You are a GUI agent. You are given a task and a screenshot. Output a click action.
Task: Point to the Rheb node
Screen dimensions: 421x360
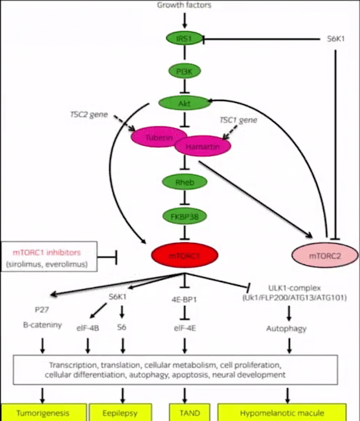[185, 182]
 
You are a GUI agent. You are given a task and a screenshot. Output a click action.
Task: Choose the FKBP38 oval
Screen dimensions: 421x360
[185, 217]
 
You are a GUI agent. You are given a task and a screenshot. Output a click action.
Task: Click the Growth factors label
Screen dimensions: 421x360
[184, 5]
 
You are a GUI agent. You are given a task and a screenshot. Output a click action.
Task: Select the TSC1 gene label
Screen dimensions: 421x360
[238, 120]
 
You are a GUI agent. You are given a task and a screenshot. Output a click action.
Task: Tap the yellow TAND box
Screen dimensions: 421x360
[185, 413]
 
